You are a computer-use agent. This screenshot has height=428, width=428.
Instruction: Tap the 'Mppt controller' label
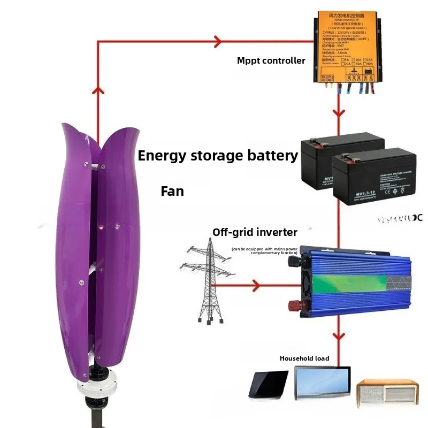271,60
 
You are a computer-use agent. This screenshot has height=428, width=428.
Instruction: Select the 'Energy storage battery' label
218,156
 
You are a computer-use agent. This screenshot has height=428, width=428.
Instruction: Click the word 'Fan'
172,191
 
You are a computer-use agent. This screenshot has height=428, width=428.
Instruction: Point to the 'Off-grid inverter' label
255,232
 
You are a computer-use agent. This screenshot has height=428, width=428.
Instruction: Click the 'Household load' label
304,358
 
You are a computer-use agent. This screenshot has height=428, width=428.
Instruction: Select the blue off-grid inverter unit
353,280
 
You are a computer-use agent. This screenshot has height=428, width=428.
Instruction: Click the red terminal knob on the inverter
294,305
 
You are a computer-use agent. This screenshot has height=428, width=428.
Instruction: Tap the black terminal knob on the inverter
293,262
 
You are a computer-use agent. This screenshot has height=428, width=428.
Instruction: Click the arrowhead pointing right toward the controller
218,41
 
